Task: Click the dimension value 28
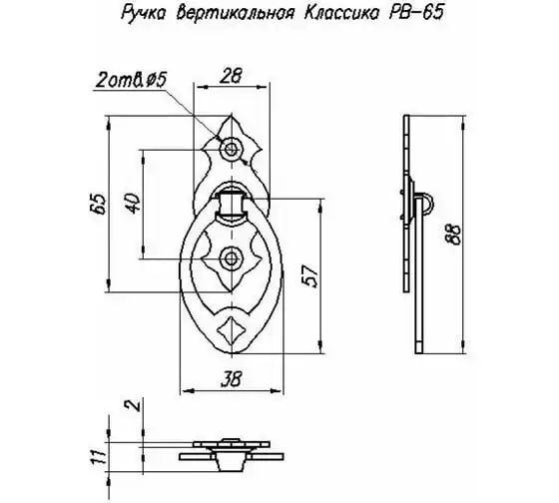[231, 76]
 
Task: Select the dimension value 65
[99, 204]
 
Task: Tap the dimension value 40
[134, 204]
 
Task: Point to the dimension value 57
[309, 275]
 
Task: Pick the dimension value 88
[454, 234]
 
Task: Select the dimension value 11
[98, 456]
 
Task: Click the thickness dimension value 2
[134, 404]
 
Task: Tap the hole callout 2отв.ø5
[132, 81]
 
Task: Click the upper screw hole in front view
[232, 149]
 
